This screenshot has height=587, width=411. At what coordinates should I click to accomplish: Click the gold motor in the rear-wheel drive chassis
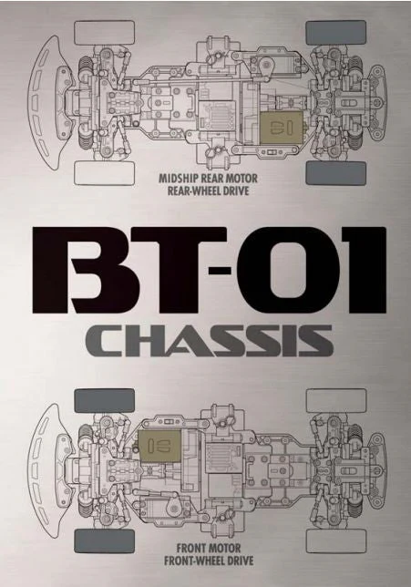(281, 128)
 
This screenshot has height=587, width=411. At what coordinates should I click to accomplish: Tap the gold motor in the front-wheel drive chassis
(159, 445)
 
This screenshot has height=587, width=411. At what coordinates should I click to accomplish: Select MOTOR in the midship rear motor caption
(243, 179)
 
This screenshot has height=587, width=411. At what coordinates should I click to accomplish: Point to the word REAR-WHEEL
(194, 191)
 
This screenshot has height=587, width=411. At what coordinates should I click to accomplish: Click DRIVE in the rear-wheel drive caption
(236, 191)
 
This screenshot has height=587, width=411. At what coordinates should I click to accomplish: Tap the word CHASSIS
(210, 341)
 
